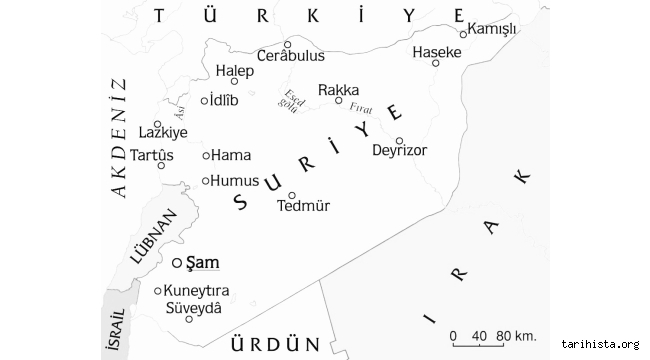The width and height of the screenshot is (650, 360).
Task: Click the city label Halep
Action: pyautogui.click(x=235, y=71)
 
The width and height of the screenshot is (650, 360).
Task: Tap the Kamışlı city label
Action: pyautogui.click(x=492, y=29)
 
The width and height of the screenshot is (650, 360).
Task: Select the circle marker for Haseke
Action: pyautogui.click(x=436, y=63)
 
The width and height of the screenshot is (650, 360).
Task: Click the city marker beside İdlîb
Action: pyautogui.click(x=204, y=100)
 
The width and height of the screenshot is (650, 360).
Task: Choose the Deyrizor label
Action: pyautogui.click(x=399, y=151)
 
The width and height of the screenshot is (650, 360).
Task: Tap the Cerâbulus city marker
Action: pyautogui.click(x=287, y=44)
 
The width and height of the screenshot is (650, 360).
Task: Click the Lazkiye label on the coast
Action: pyautogui.click(x=163, y=131)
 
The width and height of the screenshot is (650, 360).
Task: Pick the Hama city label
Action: pyautogui.click(x=231, y=155)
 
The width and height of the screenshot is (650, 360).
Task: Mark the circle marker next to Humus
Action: pyautogui.click(x=206, y=181)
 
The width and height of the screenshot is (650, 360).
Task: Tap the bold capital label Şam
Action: pyautogui.click(x=202, y=262)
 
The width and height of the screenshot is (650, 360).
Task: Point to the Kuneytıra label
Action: pyautogui.click(x=196, y=291)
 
